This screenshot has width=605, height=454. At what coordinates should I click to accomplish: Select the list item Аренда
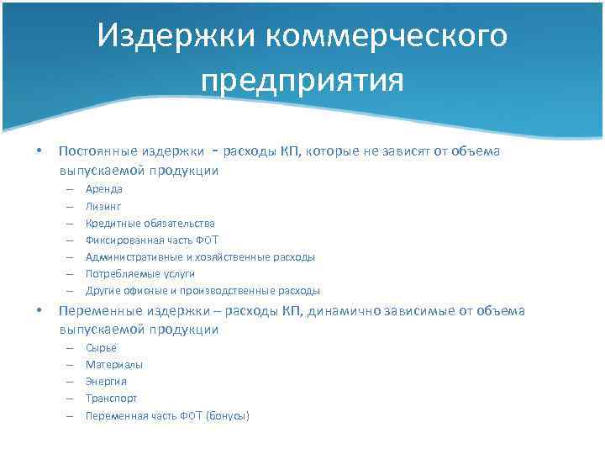(104, 189)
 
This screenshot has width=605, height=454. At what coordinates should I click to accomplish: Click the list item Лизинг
(103, 206)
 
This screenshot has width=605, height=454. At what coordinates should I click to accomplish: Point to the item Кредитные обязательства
(150, 223)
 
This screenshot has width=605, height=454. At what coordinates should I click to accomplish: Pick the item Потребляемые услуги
(139, 273)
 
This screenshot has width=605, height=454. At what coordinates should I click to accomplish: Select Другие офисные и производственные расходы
(203, 290)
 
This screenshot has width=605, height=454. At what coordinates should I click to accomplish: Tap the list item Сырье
(101, 347)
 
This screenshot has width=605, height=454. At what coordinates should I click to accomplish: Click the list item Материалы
(114, 364)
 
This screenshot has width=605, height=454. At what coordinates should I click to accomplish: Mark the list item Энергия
(106, 381)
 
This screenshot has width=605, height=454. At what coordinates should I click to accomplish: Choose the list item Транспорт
(111, 398)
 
